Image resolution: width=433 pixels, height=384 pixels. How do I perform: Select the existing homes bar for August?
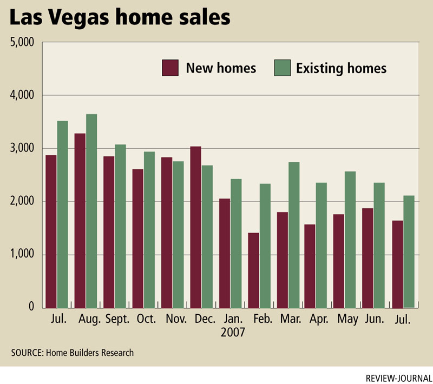pos(91,211)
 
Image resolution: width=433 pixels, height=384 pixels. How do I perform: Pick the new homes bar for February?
pos(253,270)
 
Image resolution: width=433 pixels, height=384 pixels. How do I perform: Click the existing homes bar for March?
pos(294,235)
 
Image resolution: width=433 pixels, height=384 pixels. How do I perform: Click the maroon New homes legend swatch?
pos(170,68)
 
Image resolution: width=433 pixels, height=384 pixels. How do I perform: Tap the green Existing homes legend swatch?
pos(282,68)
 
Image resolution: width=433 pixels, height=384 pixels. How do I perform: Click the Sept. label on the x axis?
pos(117,319)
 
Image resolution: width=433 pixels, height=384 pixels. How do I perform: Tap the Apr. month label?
pos(319,319)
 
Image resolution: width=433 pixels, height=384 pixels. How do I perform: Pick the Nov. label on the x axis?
pos(175,319)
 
